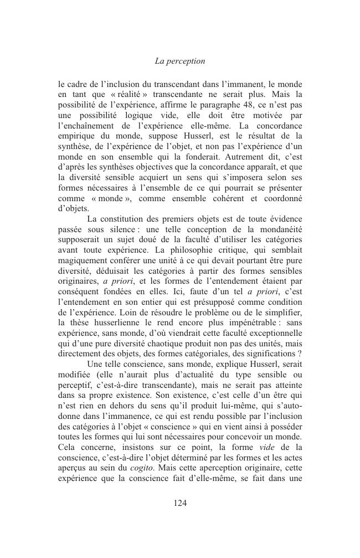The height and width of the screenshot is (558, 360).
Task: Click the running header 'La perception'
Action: point(180,61)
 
